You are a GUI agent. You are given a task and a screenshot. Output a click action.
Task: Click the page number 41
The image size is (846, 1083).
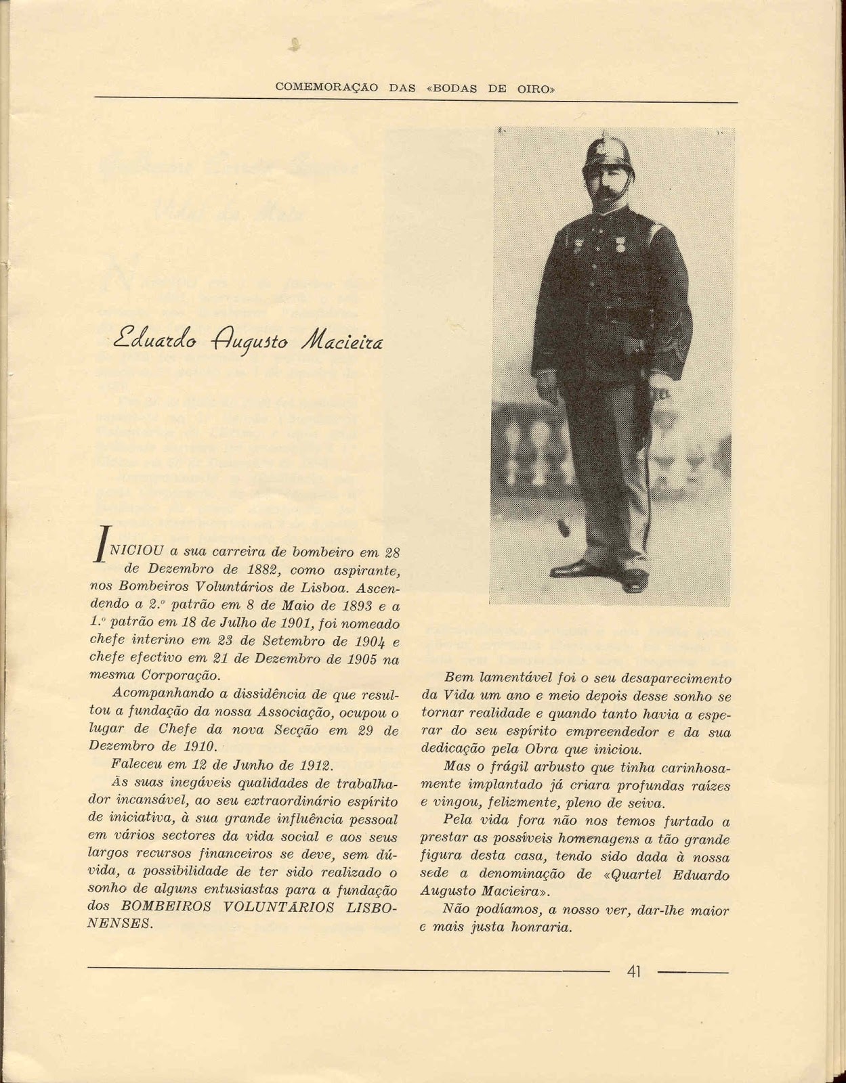tap(633, 972)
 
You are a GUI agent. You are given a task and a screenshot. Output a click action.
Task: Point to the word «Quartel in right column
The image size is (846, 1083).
tap(629, 875)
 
